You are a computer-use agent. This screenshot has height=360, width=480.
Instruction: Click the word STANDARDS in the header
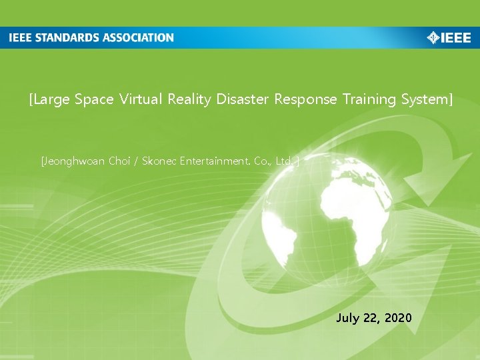click(67, 38)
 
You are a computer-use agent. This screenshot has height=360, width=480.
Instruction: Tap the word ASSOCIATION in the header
click(139, 38)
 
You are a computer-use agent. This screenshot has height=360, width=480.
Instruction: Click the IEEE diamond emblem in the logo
click(433, 38)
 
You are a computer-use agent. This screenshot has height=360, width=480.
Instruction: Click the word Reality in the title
click(189, 100)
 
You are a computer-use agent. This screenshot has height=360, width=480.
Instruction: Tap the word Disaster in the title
click(241, 100)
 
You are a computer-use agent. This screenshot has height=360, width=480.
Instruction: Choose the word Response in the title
click(304, 100)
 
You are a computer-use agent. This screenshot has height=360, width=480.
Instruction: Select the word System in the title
click(426, 100)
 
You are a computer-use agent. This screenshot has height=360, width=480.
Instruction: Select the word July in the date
click(347, 318)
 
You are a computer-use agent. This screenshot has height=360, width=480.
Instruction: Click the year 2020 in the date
click(399, 318)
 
